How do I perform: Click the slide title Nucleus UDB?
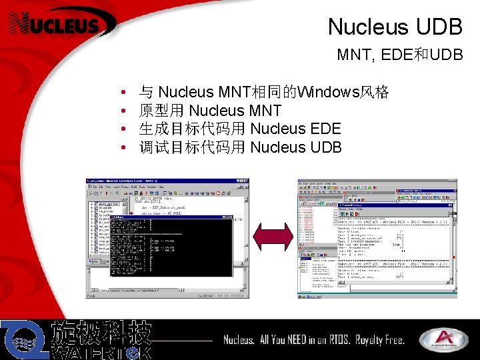click(395, 27)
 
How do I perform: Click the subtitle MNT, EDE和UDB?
click(399, 55)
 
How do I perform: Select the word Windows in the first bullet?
click(327, 92)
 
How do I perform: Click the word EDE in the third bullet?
click(325, 129)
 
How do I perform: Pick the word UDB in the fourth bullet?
click(326, 147)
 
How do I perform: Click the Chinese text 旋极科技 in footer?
click(101, 332)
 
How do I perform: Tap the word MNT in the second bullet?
click(267, 111)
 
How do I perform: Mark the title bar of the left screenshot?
click(167, 182)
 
